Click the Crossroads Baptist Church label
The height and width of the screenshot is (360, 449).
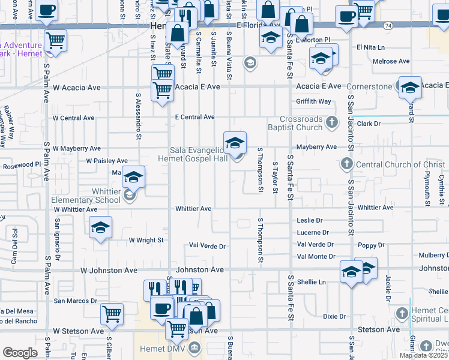[x=301, y=123]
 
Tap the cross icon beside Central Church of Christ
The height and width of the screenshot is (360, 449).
[x=346, y=164]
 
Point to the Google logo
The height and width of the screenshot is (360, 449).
[x=20, y=353]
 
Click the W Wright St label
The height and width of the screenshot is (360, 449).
[x=146, y=240]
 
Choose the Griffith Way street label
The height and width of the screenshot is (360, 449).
[x=313, y=101]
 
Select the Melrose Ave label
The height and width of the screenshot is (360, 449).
[x=391, y=61]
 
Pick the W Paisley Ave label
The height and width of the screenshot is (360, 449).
[x=107, y=161]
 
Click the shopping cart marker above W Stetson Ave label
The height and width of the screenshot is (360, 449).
[x=112, y=313]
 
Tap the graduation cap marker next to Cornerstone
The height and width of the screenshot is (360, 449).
[x=410, y=88]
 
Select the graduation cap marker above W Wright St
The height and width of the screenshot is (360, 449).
[x=101, y=227]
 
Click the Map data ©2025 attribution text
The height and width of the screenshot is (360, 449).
[x=423, y=355]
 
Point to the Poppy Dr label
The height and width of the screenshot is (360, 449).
[x=372, y=245]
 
